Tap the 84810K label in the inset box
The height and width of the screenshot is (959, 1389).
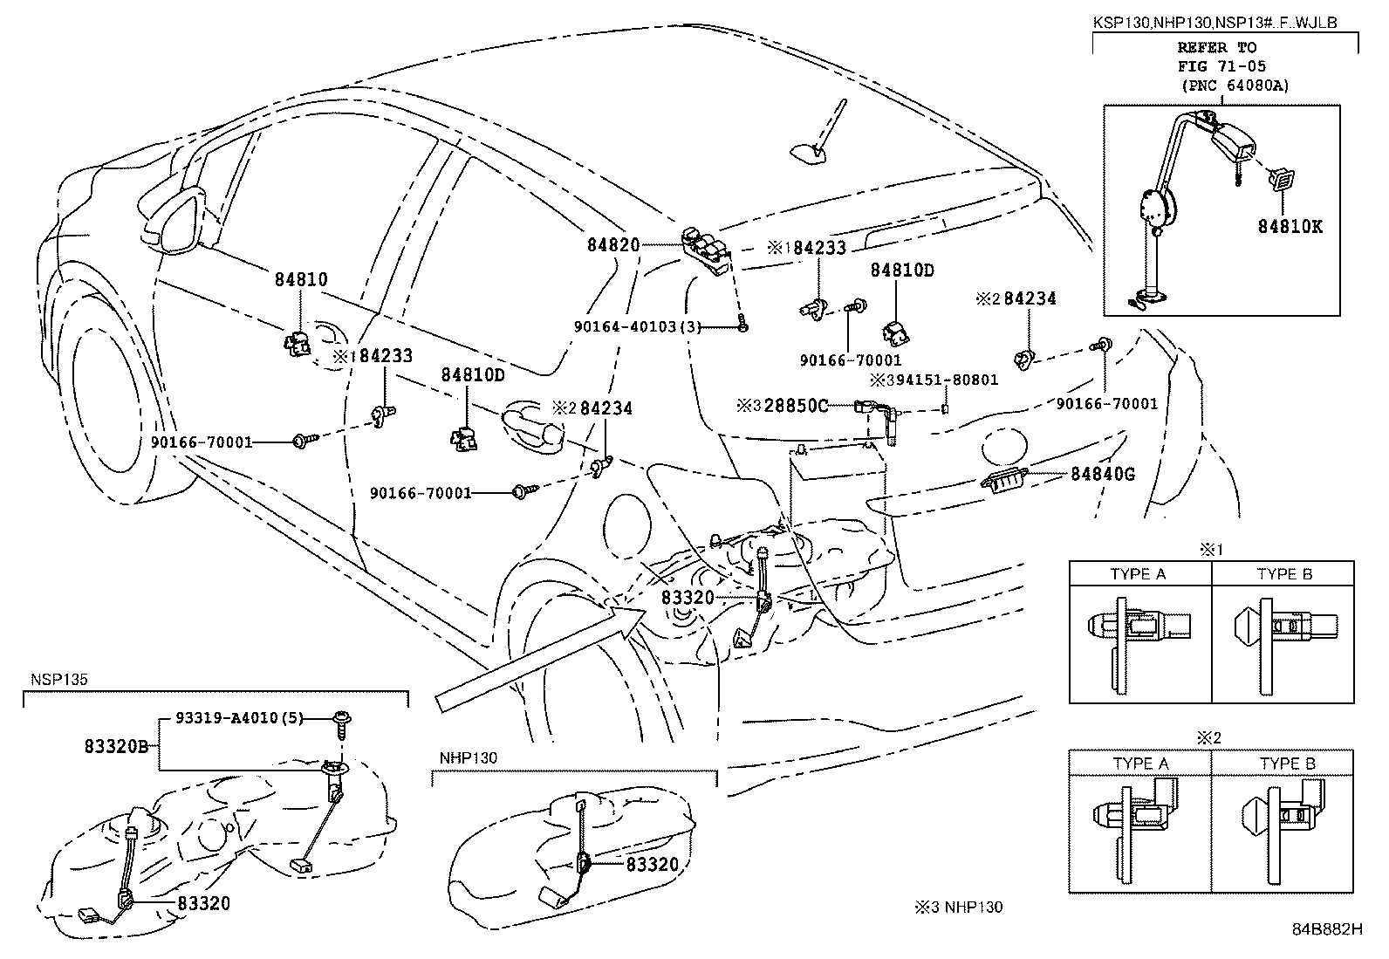click(1290, 226)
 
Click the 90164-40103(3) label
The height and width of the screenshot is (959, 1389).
click(638, 326)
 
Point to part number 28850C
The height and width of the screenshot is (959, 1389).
click(795, 405)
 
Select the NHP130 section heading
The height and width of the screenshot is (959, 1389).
click(468, 757)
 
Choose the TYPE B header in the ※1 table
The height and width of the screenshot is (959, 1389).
click(1283, 574)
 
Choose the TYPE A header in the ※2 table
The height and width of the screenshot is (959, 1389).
click(1139, 763)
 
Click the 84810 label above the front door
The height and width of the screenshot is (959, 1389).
click(301, 280)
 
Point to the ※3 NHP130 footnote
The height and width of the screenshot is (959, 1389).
click(958, 907)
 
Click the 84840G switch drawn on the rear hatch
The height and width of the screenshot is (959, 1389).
click(1005, 480)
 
